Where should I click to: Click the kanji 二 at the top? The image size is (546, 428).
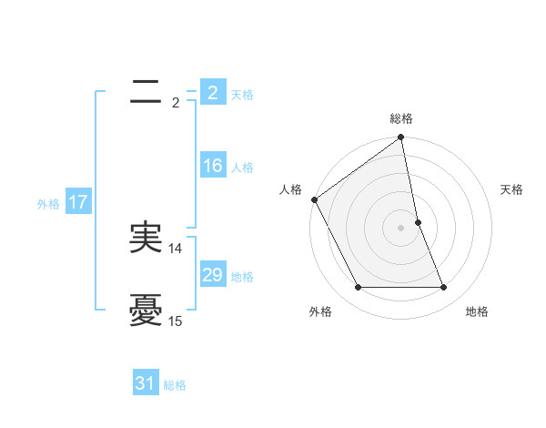[x=146, y=91]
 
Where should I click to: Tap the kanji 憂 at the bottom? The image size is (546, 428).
[x=146, y=310]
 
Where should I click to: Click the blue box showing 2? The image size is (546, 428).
[x=212, y=92]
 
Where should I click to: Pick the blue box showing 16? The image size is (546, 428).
[x=212, y=166]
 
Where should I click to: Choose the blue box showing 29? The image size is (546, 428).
[x=212, y=275]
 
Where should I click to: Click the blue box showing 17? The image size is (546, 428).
[x=78, y=202]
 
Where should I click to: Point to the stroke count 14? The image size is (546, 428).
[x=176, y=248]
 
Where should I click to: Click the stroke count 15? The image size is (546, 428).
[x=176, y=321]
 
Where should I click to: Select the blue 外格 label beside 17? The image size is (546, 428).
[x=48, y=204]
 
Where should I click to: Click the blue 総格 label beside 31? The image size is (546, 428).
[x=175, y=385]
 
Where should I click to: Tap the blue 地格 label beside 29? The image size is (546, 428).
[x=242, y=276]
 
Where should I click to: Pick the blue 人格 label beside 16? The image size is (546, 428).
[x=242, y=168]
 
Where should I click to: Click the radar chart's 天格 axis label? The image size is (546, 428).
[x=511, y=189]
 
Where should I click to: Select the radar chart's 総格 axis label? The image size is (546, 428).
[x=401, y=118]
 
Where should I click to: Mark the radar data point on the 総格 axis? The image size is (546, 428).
[x=401, y=138]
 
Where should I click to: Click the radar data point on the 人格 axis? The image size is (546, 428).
[x=315, y=199]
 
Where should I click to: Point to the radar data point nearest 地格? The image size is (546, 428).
[x=444, y=288]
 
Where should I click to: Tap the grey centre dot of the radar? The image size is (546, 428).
[x=401, y=227]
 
